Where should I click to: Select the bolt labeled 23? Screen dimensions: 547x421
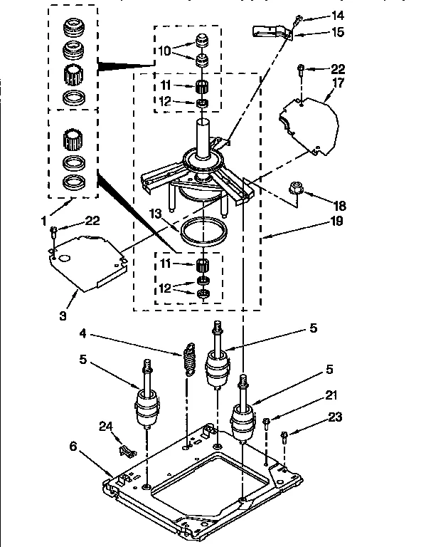click(285, 434)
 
